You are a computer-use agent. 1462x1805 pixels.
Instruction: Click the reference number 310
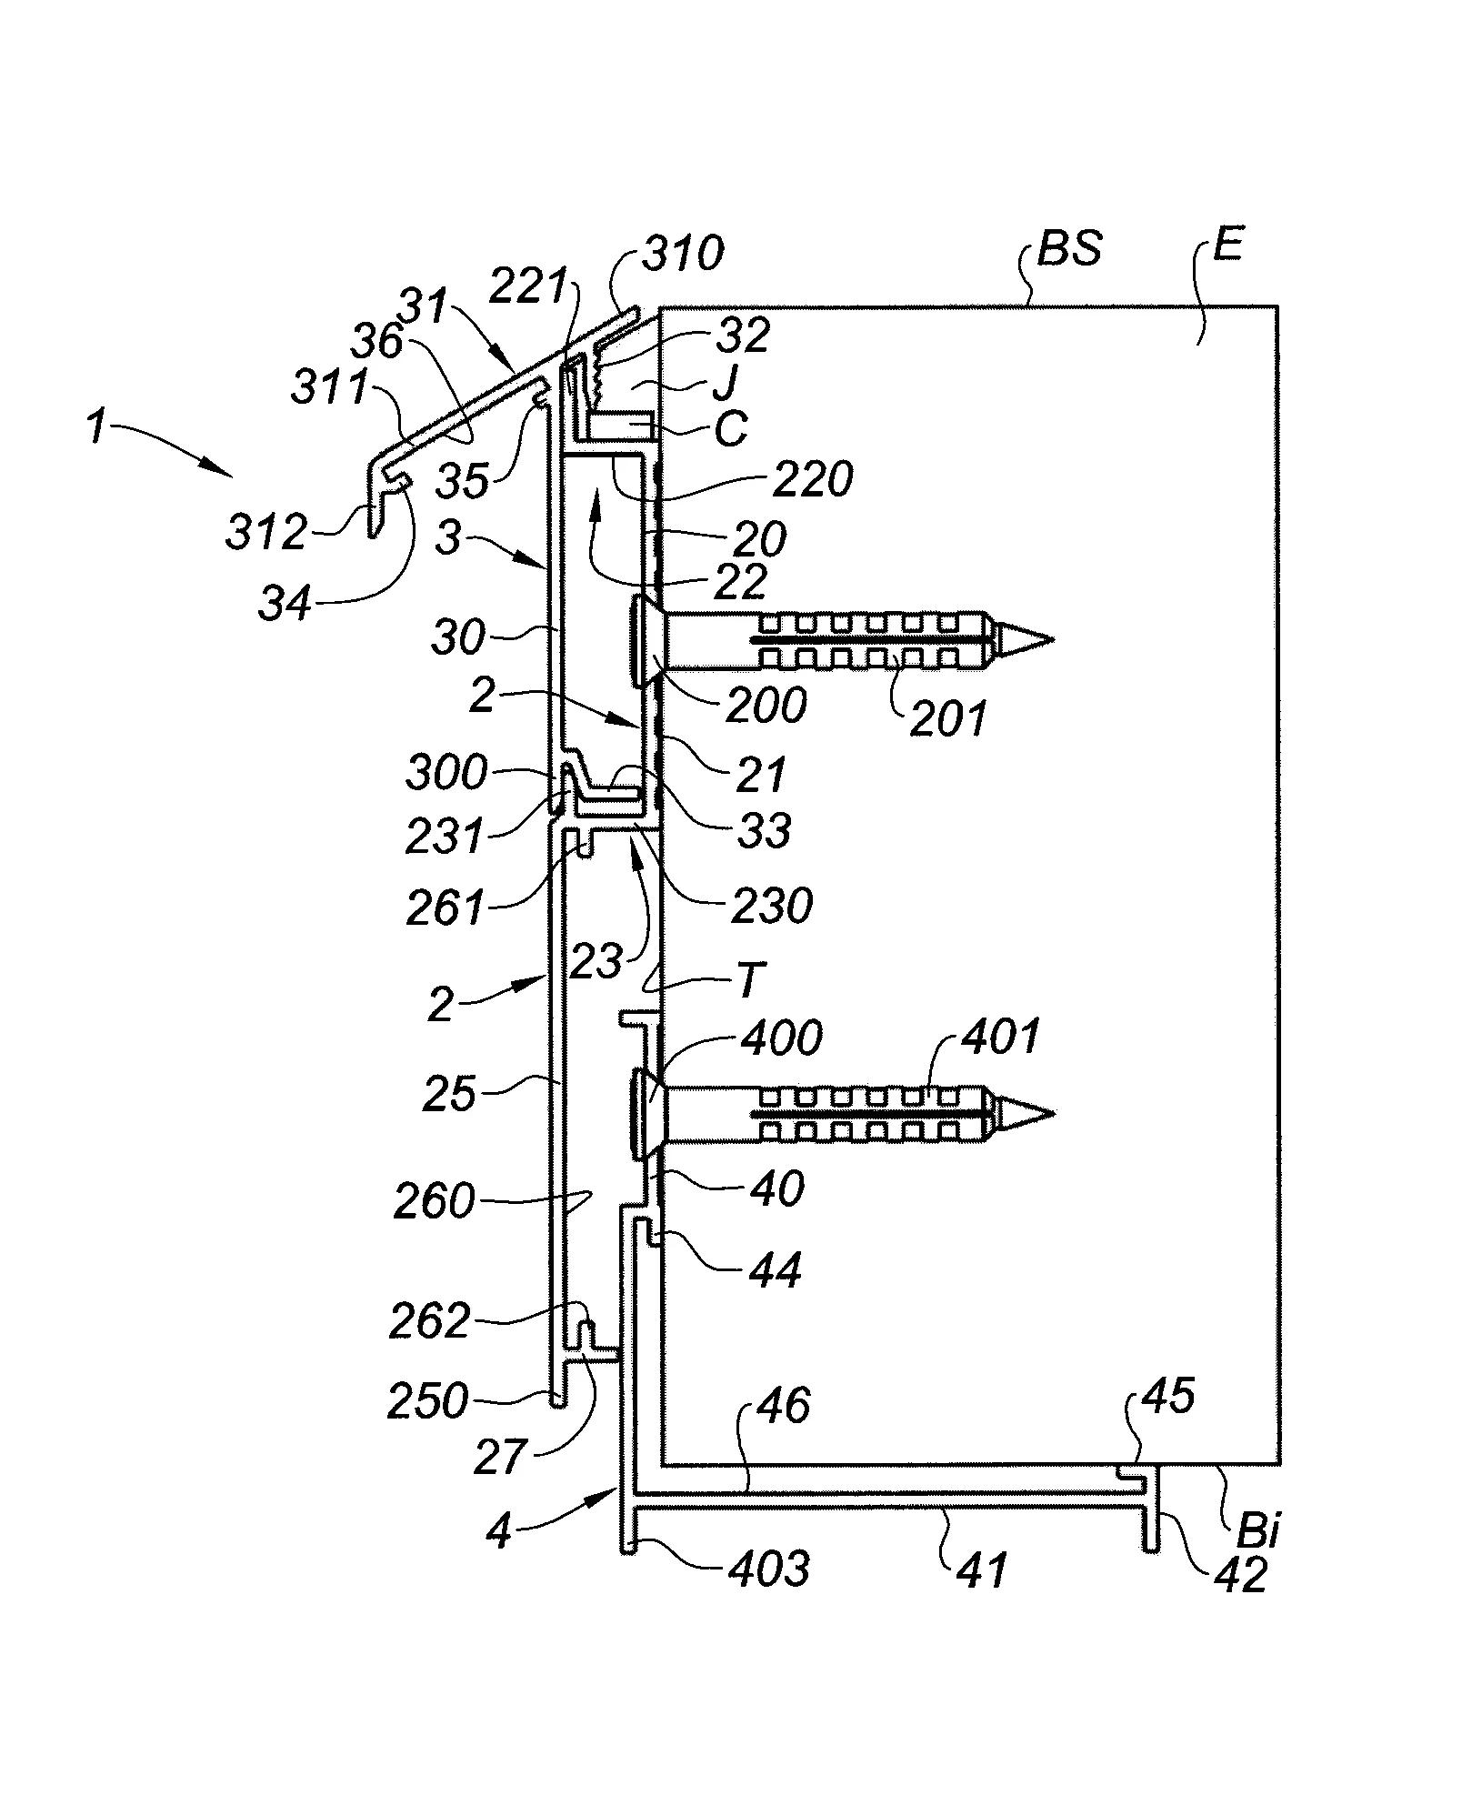click(683, 254)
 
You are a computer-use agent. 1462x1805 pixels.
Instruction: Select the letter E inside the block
click(1227, 246)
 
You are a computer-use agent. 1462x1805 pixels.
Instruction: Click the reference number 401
click(1001, 1037)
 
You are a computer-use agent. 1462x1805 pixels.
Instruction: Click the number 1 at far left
click(102, 427)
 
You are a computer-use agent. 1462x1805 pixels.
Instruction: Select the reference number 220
click(815, 478)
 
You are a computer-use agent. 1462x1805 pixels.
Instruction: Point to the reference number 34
click(285, 602)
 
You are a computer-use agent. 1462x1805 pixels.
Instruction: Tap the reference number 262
click(429, 1320)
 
